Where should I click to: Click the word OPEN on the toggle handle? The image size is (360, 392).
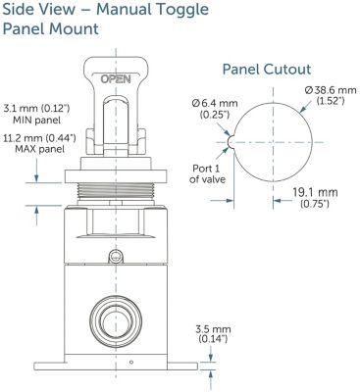116,79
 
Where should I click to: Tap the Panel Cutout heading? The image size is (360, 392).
267,70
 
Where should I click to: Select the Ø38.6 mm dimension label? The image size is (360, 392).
331,90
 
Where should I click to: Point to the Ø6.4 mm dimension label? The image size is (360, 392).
215,104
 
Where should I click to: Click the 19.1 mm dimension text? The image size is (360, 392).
315,192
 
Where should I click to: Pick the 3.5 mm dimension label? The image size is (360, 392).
213,329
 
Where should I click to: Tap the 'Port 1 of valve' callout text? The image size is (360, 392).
207,173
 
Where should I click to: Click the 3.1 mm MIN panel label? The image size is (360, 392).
36,114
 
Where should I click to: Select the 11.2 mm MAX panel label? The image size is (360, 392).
39,144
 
